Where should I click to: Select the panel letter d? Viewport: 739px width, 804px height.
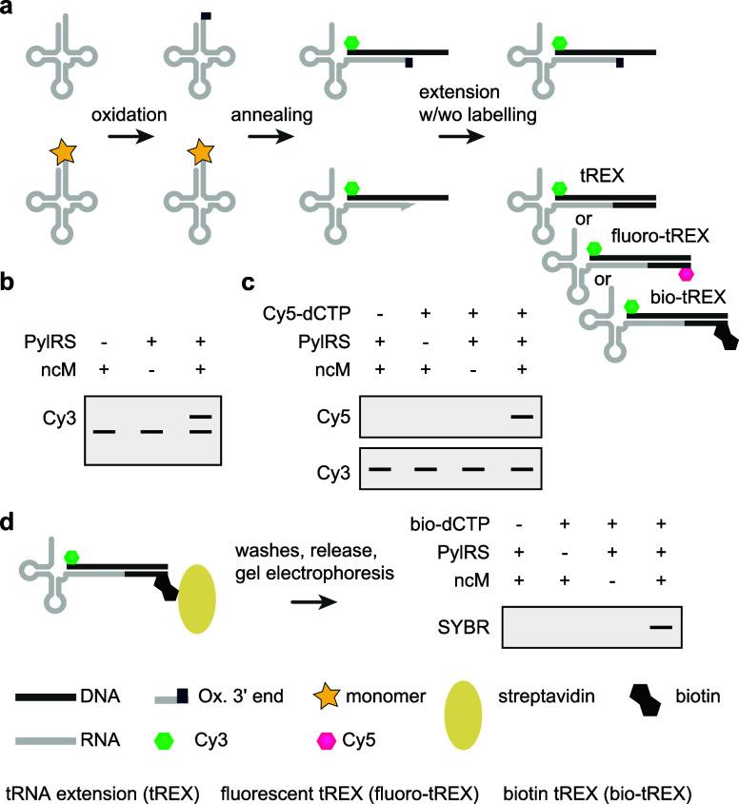coord(10,522)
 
